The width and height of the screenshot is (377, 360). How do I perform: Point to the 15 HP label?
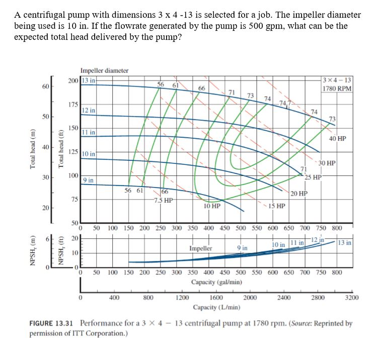point(277,206)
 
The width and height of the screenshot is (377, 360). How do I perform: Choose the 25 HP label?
point(313,176)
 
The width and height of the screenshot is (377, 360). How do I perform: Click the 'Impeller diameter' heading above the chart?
point(104,71)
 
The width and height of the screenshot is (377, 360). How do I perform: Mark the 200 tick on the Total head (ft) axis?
point(74,80)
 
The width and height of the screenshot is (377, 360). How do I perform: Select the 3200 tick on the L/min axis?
point(352,298)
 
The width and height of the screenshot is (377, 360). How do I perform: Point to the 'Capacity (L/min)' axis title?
point(217,307)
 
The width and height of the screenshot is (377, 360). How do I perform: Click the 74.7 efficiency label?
point(285,104)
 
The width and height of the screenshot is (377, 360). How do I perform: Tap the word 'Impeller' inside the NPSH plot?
point(200,248)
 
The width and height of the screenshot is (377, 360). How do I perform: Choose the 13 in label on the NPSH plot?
point(345,242)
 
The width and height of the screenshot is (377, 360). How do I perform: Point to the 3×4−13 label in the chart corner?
point(338,80)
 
